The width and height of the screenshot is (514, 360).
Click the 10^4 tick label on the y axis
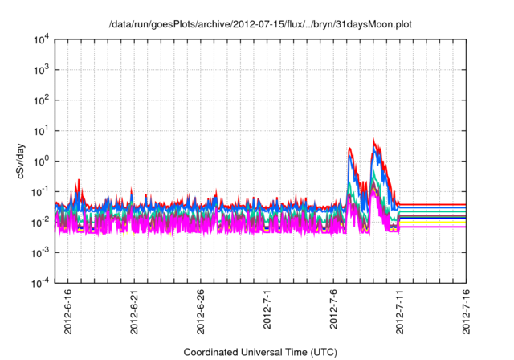40,39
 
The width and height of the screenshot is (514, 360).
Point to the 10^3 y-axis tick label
40,70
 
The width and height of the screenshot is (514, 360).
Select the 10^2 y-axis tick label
40,100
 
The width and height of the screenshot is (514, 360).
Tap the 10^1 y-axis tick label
40,130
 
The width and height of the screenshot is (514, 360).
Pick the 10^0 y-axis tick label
40,161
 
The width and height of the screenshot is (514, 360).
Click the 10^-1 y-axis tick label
40,191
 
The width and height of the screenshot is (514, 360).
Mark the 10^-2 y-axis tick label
40,222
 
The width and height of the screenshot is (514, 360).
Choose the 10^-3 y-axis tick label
40,252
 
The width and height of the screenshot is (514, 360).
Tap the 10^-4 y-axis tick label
40,282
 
